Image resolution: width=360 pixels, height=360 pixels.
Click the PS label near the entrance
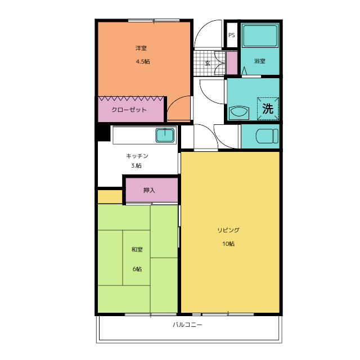click(232, 35)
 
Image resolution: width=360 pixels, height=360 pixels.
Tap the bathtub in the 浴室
click(260, 36)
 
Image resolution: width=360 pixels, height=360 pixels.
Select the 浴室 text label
click(260, 61)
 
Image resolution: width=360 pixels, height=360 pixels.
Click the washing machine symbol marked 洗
click(268, 109)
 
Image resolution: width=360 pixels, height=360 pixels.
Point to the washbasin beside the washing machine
click(238, 112)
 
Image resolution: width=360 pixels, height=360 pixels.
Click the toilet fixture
click(267, 136)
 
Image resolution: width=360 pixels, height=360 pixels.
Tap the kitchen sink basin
click(165, 135)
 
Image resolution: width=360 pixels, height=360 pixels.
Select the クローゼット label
click(129, 110)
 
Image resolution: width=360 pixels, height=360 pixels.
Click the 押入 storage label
click(149, 190)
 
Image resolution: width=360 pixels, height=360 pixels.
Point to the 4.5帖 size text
click(143, 61)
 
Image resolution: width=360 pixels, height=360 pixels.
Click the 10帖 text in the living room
click(228, 244)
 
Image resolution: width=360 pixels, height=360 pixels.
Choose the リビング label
click(228, 230)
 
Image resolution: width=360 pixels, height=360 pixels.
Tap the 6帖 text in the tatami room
click(137, 269)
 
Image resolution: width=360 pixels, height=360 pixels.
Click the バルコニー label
click(187, 325)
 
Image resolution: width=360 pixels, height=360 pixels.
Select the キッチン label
click(137, 156)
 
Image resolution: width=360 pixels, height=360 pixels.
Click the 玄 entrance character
click(208, 63)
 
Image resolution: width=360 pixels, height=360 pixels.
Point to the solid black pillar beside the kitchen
click(103, 133)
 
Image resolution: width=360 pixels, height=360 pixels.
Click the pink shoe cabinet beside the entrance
click(232, 63)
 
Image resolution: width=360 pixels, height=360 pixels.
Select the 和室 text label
click(137, 249)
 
